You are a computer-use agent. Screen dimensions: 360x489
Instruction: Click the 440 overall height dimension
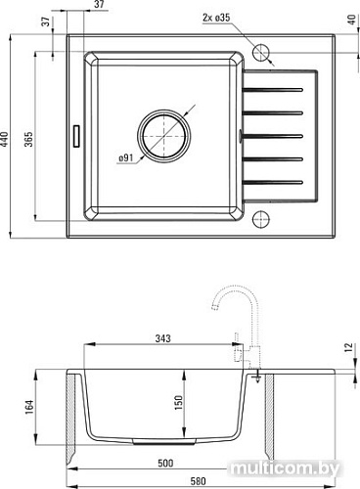pos(5,139)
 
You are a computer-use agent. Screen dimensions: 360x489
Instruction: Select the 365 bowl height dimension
pos(29,139)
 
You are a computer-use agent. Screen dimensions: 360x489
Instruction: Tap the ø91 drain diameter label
pos(126,157)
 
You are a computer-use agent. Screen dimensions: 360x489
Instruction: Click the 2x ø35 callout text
pos(216,18)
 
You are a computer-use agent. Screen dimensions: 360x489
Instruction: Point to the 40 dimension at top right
pos(352,20)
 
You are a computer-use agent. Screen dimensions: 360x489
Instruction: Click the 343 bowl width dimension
pos(162,338)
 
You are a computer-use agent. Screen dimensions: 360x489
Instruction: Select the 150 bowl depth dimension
pos(179,403)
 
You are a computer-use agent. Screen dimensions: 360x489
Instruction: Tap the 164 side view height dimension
pos(29,407)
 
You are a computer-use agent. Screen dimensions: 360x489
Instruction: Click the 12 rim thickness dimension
pos(348,347)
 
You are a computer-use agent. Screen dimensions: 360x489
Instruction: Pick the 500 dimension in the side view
pos(165,464)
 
